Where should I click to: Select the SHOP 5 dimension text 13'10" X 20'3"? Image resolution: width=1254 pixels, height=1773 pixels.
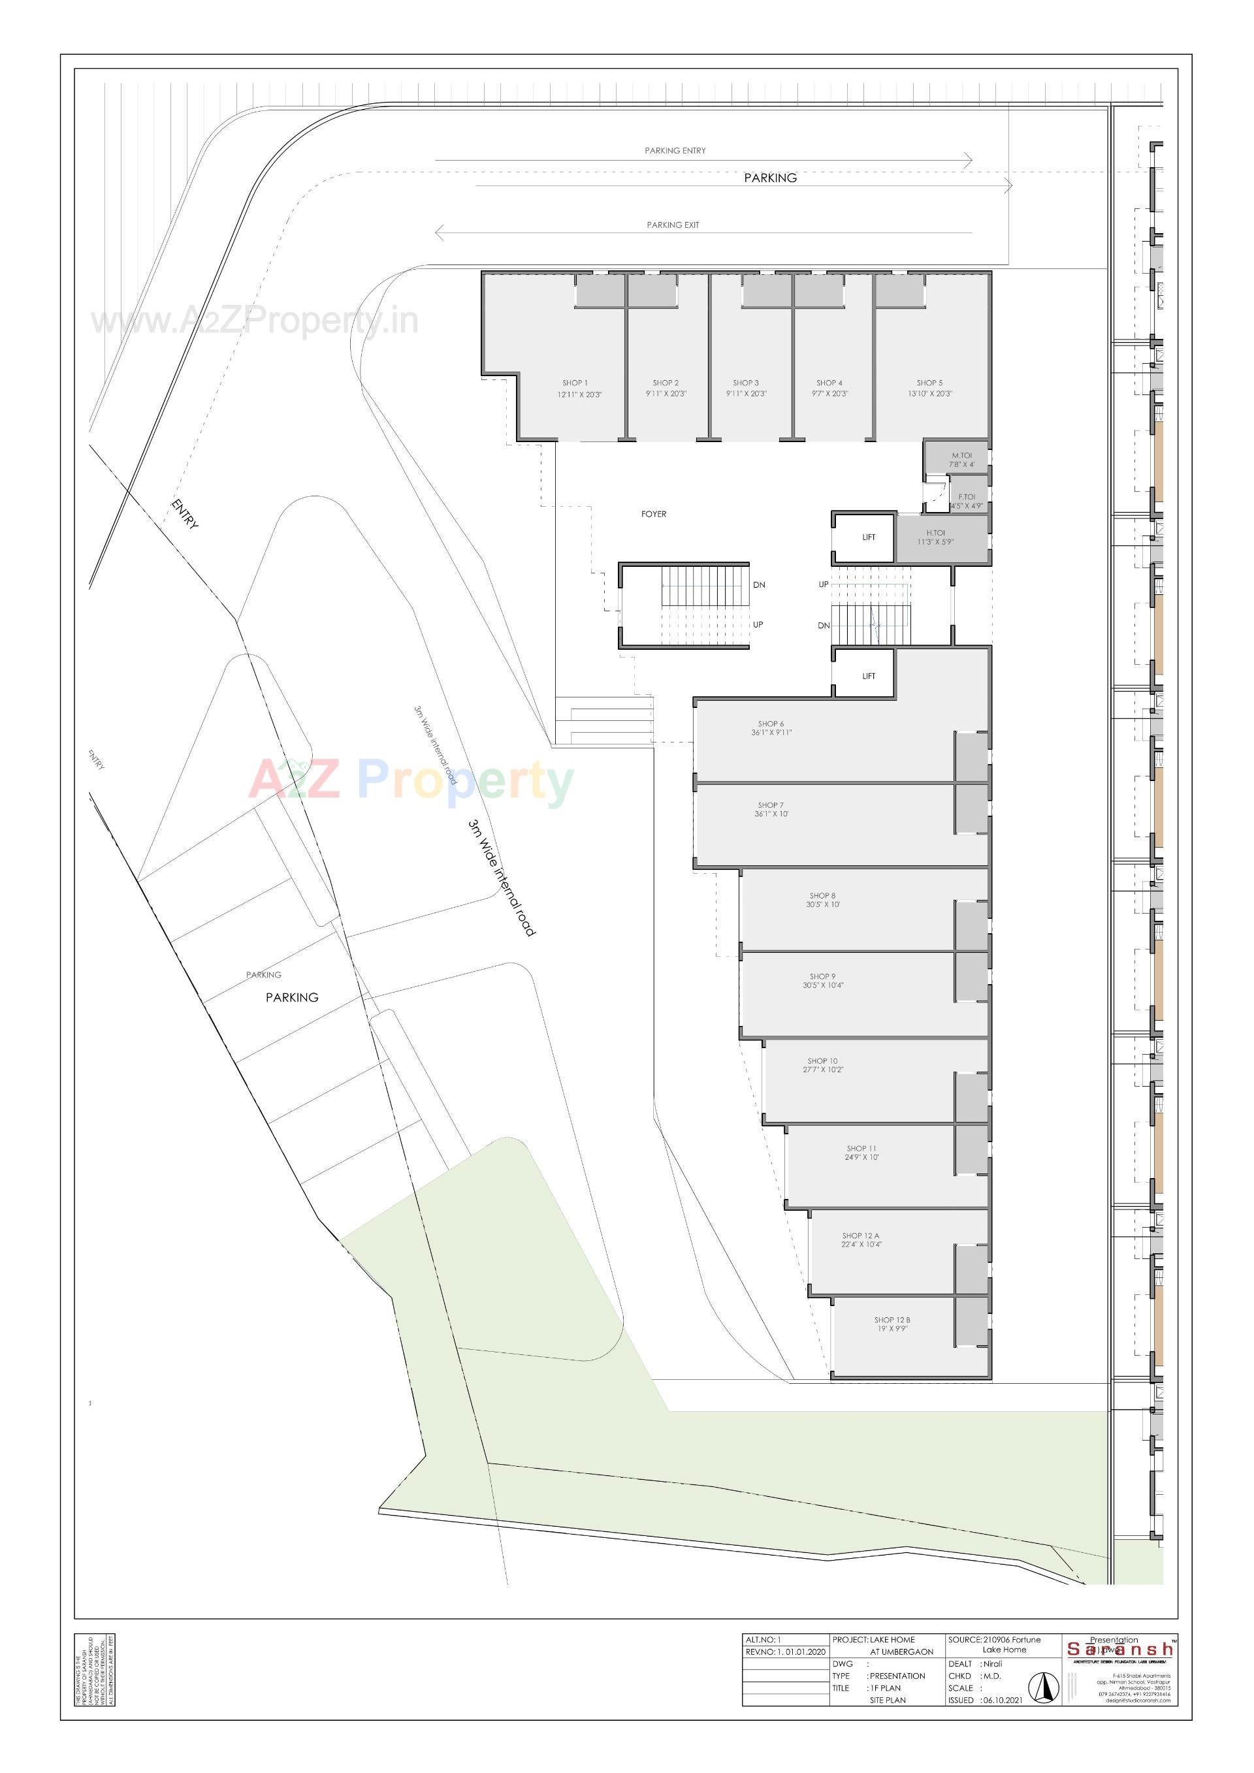[929, 394]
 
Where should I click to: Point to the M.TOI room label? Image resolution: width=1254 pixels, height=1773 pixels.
[961, 456]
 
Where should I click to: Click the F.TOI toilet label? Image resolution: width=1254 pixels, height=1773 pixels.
[966, 496]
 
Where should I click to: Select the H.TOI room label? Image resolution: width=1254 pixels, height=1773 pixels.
[935, 533]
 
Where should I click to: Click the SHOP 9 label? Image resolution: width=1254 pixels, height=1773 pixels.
[822, 977]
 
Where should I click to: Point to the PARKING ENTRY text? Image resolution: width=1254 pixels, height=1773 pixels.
[675, 151]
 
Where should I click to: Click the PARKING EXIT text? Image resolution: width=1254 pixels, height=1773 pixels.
[673, 225]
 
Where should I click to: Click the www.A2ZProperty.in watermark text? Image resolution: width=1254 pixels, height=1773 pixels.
[255, 321]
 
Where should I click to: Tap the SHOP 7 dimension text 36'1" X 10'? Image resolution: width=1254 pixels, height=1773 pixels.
[771, 814]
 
